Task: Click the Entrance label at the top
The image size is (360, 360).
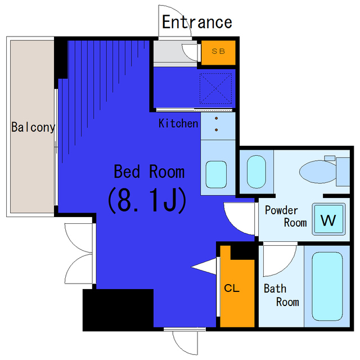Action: point(197,22)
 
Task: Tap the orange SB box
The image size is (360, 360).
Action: point(218,52)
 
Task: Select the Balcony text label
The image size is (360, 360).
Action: point(33,127)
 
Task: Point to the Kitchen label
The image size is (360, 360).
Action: point(178,123)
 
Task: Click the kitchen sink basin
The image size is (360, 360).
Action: point(216,174)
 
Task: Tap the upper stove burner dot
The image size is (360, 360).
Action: point(216,119)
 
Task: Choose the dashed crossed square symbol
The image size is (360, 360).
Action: point(215,88)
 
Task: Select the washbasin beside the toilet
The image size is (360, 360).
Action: point(256,172)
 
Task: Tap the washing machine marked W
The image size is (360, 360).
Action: point(328,219)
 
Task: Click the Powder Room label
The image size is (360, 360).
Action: point(286,217)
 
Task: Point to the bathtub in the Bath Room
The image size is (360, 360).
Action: point(327,286)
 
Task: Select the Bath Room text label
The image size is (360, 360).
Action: point(281,295)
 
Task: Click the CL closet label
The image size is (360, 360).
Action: point(232,288)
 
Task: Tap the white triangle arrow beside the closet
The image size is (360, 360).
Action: point(204,267)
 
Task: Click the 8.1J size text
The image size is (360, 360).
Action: point(147,201)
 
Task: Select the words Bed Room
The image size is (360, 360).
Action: point(149,171)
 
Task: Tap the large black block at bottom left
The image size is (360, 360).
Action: point(118,310)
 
